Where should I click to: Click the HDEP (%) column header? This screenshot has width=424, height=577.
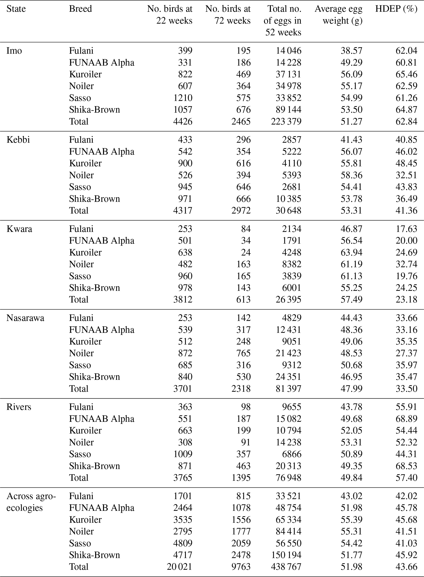[396, 9]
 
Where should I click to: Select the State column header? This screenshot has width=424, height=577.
[16, 9]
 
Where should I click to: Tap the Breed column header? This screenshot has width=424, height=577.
[80, 9]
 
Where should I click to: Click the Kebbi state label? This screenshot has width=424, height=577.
[18, 140]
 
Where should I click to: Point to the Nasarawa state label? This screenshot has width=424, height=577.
[25, 318]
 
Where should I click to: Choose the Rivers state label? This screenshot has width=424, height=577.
[19, 407]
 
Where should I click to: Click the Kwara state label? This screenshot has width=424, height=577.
[19, 229]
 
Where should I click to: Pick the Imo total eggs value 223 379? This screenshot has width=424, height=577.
[286, 122]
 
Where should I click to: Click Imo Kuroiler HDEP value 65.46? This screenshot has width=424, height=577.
[406, 74]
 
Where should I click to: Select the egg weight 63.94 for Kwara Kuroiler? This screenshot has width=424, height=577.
[351, 253]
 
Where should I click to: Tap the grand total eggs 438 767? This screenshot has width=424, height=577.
[286, 567]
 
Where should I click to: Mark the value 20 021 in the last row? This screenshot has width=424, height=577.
[179, 567]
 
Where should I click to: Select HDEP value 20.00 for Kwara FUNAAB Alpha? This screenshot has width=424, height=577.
[406, 241]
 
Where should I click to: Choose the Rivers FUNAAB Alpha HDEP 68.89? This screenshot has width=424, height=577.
[406, 419]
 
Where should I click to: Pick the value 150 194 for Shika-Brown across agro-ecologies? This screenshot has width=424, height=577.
[286, 555]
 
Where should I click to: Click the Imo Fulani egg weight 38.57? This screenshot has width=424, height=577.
[351, 51]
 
